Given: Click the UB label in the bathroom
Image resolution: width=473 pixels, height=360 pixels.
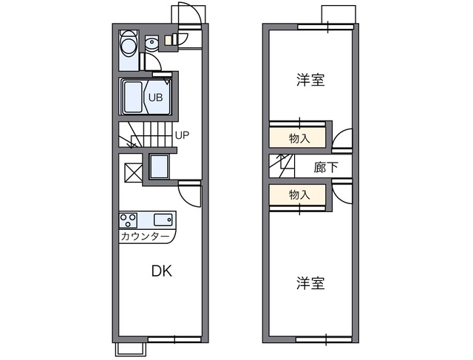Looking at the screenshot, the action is [x=156, y=97].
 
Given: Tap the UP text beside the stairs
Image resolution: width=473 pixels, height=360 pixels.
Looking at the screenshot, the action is [x=183, y=135].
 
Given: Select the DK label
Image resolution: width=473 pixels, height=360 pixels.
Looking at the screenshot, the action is [x=162, y=271].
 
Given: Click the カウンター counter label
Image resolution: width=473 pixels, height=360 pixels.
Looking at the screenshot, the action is [x=146, y=237].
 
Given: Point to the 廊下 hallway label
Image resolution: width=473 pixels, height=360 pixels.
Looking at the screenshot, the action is [x=326, y=167].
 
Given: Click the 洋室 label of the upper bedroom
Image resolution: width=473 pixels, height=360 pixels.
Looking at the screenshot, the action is [x=310, y=80].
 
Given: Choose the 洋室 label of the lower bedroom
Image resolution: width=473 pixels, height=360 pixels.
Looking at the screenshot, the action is [x=310, y=283].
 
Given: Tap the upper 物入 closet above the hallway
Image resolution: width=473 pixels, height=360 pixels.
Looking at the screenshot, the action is [x=299, y=137].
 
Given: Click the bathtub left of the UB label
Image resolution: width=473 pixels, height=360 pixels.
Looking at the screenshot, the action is [x=134, y=97].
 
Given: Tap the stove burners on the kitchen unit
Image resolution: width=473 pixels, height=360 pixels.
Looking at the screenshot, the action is [x=128, y=220].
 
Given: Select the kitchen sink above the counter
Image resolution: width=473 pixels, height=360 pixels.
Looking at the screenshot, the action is [x=163, y=220].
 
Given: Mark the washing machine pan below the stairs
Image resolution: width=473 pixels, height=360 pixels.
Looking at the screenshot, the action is [x=159, y=166].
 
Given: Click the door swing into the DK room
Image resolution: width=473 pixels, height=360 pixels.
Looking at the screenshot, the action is [x=191, y=194].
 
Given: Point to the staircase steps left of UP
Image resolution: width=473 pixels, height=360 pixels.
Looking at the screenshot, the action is [x=147, y=135].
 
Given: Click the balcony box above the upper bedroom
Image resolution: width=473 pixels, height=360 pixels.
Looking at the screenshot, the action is [x=338, y=15].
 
